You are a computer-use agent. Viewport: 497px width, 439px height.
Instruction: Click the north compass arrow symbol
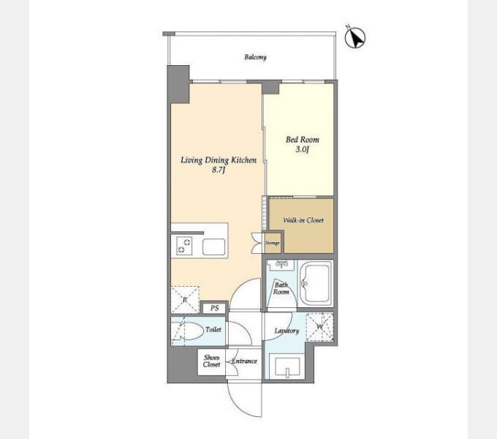(355, 37)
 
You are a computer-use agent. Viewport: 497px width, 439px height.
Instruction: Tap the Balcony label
(256, 57)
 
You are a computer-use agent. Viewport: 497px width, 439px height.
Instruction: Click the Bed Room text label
(303, 140)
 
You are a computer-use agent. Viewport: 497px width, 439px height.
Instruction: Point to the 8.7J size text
(219, 170)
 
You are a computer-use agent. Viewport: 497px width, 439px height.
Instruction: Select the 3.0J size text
(302, 149)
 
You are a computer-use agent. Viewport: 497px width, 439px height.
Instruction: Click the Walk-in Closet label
(303, 219)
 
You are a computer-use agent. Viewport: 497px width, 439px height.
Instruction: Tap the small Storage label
(273, 243)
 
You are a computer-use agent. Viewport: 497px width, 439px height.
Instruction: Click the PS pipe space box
(215, 308)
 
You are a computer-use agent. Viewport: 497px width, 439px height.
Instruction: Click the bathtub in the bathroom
(316, 284)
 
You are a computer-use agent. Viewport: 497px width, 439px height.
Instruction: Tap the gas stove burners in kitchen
(184, 246)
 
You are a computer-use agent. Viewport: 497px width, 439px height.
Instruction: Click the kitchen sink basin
(214, 247)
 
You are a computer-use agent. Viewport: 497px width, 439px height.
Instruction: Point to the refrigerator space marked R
(185, 300)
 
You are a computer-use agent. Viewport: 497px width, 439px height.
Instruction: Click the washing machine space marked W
(319, 327)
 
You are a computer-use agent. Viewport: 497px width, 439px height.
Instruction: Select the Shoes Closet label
(211, 361)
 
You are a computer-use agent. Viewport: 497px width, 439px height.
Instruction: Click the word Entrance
(244, 361)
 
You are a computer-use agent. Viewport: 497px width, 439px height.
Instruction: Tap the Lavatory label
(287, 331)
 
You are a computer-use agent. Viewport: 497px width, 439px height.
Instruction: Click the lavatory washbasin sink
(287, 367)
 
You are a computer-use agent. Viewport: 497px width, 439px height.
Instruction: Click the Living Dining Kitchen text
(219, 160)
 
